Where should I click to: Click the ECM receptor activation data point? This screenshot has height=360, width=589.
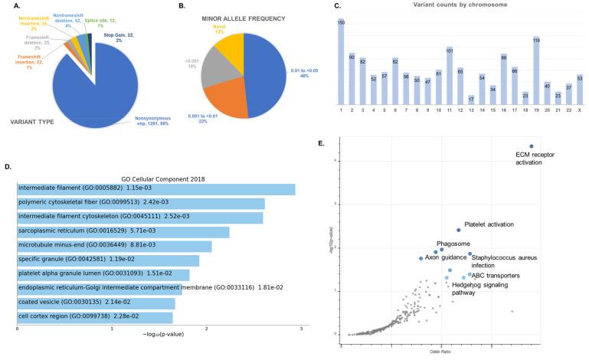tap(531, 146)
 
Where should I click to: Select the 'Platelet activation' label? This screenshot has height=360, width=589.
tap(489, 224)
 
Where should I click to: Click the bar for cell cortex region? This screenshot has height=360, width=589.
tap(95, 317)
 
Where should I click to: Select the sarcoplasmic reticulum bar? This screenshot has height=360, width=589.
tap(123, 232)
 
